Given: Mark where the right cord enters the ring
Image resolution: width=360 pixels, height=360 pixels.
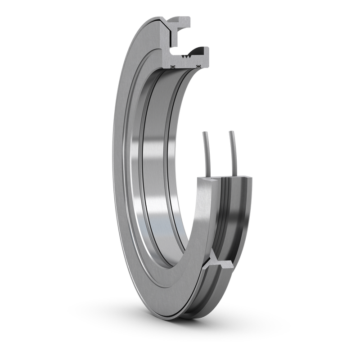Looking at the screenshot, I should coord(234,174).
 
